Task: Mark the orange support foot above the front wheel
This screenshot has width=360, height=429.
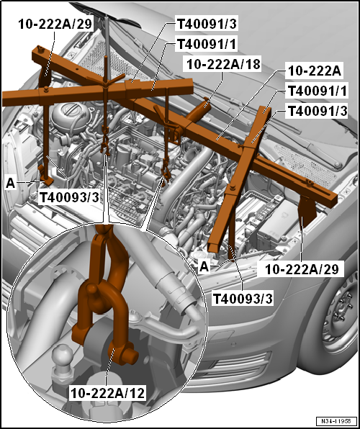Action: click(x=307, y=208)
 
